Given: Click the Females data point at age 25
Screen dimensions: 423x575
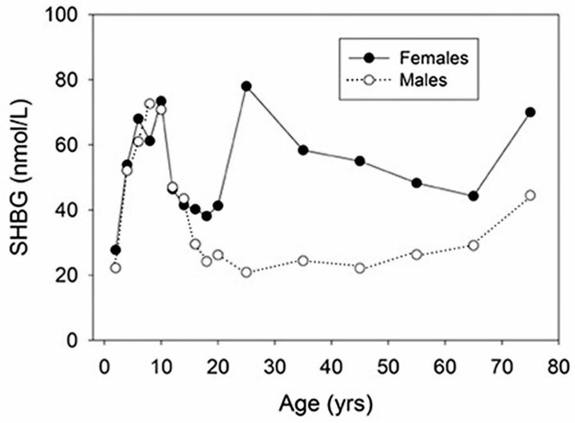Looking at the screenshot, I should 246,86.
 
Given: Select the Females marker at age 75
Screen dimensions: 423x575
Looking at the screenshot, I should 530,112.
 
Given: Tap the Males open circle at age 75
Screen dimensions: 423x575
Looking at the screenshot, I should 530,195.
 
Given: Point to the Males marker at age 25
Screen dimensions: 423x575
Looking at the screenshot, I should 246,272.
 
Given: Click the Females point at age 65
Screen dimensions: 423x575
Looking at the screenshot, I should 473,196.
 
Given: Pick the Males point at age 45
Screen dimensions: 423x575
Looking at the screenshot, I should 360,268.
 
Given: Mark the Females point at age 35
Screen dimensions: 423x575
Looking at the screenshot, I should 303,150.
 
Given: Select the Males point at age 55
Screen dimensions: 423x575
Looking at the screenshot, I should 417,254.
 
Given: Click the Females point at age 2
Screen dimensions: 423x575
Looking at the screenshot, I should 116,250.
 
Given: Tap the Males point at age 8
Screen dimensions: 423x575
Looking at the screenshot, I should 149,104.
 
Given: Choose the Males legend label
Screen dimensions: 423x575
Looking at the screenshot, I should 424,80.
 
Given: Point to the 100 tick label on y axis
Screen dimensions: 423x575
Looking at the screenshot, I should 67,15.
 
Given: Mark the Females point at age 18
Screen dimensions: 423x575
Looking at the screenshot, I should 207,216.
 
